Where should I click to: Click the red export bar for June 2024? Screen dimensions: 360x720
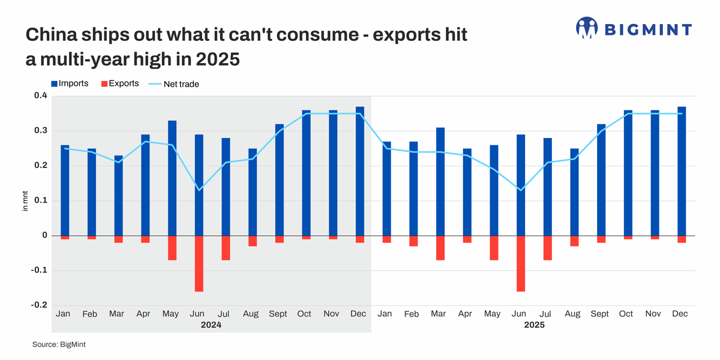(x=199, y=263)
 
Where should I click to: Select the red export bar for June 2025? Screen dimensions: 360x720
(x=521, y=263)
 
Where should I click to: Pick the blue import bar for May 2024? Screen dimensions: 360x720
(x=172, y=178)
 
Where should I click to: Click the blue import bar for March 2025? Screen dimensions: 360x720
(x=440, y=181)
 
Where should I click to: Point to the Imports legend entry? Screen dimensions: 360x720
(x=70, y=83)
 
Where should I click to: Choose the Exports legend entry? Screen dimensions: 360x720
(x=119, y=83)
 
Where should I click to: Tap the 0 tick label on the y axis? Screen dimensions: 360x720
(x=44, y=236)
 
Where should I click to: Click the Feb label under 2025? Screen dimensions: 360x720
(x=412, y=314)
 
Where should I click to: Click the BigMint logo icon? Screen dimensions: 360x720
(x=587, y=28)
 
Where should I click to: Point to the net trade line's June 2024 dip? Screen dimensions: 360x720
(x=199, y=190)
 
